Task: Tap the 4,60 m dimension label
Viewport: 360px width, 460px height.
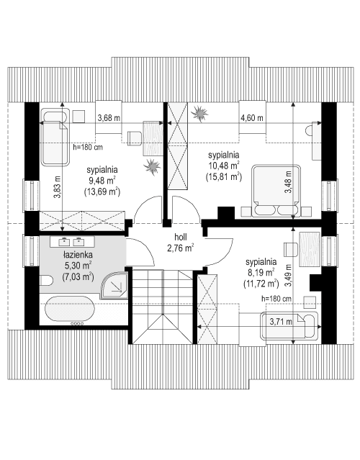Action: coord(251,118)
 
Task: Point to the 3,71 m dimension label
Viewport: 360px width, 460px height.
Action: coord(280,322)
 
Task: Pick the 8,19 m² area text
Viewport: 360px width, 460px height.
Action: coord(260,273)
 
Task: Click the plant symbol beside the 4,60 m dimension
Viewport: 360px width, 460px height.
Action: coord(202,114)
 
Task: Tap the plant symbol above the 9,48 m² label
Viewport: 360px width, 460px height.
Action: coord(151,167)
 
